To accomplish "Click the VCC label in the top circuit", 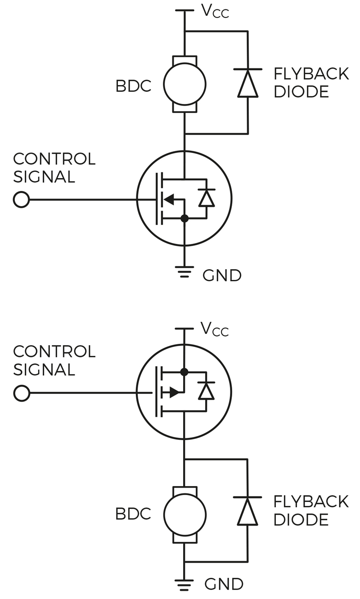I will [x=215, y=11].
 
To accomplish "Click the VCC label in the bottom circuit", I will [x=215, y=329].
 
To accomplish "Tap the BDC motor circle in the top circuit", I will [x=184, y=84].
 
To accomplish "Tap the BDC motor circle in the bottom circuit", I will [x=184, y=515].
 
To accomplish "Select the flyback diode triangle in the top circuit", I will [x=248, y=84].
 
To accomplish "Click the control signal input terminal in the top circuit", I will [x=21, y=199].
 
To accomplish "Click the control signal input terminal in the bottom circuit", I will [x=21, y=393].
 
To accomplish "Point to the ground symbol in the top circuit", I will [x=184, y=271].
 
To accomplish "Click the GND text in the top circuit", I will [x=222, y=275].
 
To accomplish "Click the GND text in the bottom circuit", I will [x=224, y=584].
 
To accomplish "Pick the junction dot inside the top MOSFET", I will [x=184, y=219].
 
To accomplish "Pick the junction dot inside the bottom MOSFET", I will [x=184, y=372].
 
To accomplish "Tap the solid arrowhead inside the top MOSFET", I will [x=169, y=199].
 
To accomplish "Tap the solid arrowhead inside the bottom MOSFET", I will [x=175, y=392].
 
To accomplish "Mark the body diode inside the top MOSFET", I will [x=207, y=198].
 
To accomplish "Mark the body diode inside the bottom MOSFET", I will [x=207, y=391].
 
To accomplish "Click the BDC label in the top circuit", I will [x=133, y=86].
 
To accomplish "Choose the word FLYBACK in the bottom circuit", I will [x=311, y=501].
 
